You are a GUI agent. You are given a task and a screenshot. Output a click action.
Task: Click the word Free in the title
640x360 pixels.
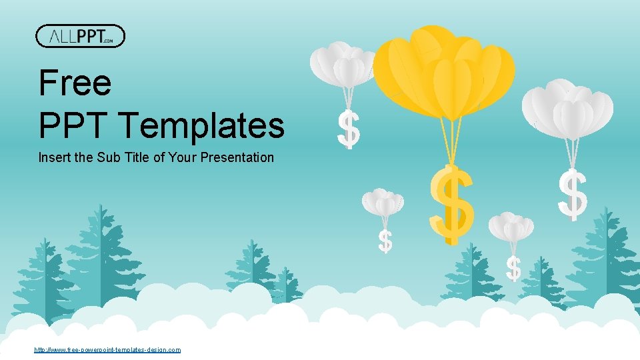point(75,83)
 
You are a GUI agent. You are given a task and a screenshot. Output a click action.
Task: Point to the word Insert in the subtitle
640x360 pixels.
point(52,158)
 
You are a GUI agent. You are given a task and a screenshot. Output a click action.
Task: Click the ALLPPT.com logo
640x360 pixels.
point(80,36)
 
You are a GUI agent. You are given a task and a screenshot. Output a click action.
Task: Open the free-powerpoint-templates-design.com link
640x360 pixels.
point(107,349)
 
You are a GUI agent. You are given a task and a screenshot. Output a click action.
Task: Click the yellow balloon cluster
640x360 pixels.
point(443,70)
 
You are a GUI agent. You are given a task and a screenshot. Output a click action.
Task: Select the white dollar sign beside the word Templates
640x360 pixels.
point(348,130)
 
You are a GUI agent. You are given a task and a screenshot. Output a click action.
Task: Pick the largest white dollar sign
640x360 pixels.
point(573,194)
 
